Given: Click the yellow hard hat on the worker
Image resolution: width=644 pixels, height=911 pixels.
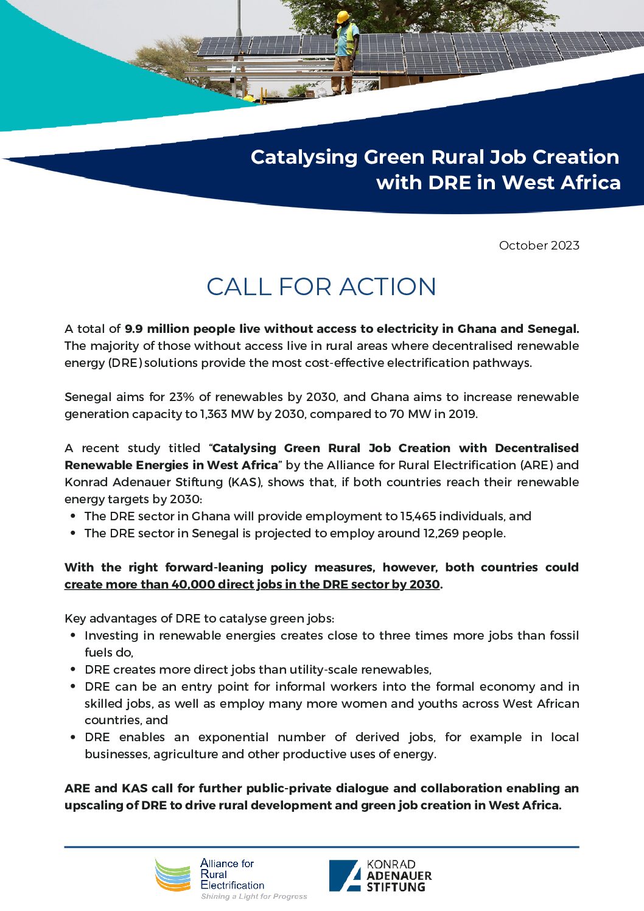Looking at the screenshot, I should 343,16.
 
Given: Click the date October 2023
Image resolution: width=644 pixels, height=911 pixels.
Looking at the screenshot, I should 539,245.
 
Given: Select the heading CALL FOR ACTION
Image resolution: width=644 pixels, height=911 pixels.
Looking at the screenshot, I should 321,287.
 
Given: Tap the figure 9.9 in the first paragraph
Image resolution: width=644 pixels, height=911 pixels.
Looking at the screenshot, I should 133,329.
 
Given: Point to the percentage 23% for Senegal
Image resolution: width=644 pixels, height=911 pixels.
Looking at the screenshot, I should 181,397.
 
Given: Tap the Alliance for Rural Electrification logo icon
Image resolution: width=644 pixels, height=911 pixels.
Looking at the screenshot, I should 173,874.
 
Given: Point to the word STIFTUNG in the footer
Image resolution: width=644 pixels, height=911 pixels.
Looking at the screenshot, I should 396,887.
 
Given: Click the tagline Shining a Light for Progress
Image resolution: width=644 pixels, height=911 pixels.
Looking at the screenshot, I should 254,896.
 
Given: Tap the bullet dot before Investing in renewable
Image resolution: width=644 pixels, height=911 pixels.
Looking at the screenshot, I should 73,635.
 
